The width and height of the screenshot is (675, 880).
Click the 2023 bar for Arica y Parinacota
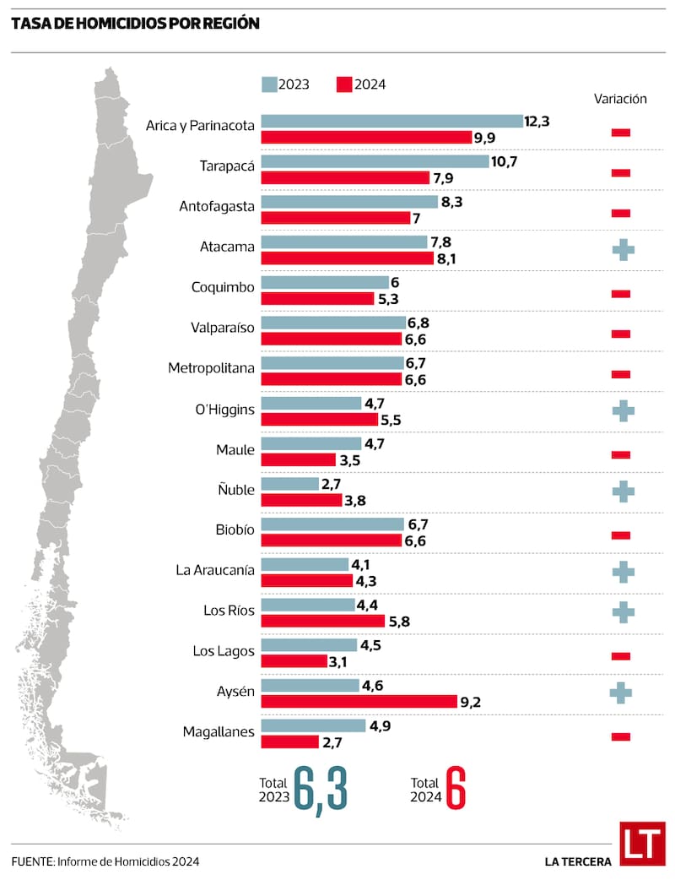tap(391, 121)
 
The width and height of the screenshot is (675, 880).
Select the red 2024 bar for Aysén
tap(359, 701)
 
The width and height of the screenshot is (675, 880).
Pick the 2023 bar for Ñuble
tap(278, 484)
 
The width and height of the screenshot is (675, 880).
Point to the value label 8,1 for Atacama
tap(448, 258)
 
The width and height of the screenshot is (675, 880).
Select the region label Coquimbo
tap(223, 287)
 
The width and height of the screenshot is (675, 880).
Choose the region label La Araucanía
tap(214, 570)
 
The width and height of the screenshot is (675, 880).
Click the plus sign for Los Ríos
tap(622, 611)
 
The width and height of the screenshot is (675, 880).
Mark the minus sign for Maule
tap(621, 454)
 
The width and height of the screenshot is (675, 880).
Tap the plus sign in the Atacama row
tap(622, 249)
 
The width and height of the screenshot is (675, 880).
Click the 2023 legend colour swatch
tap(270, 84)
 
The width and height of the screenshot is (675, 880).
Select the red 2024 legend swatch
tap(343, 84)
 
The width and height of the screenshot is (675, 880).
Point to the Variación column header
tap(620, 99)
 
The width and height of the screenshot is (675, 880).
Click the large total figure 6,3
tap(321, 789)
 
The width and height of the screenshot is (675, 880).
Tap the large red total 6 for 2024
tap(456, 789)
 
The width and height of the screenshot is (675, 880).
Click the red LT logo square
tap(642, 843)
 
